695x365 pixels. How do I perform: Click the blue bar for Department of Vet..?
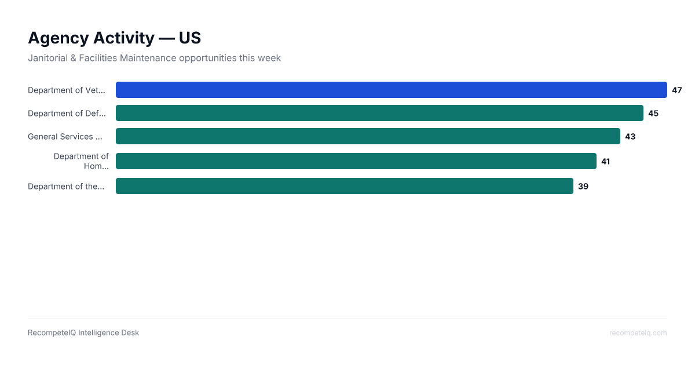click(391, 90)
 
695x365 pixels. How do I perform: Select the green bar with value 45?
click(379, 113)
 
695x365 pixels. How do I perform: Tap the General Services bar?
click(368, 136)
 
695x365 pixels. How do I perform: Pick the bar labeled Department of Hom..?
click(356, 160)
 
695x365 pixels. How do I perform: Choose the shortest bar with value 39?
click(345, 186)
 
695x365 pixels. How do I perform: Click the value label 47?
click(676, 90)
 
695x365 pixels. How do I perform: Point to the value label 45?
click(653, 113)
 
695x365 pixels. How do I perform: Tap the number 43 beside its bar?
click(630, 136)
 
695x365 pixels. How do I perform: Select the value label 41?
click(605, 161)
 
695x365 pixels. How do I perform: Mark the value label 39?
click(583, 186)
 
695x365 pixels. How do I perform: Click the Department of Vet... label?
click(67, 90)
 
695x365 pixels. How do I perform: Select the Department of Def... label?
click(67, 113)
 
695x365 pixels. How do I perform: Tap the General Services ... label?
click(65, 136)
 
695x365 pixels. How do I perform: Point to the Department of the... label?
click(66, 186)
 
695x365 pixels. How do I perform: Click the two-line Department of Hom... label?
click(81, 161)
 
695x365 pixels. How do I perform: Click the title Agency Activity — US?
click(114, 38)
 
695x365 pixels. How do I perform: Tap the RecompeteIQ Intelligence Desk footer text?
click(83, 333)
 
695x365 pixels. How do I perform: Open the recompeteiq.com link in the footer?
click(638, 333)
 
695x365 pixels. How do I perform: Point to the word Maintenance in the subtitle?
click(148, 58)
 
